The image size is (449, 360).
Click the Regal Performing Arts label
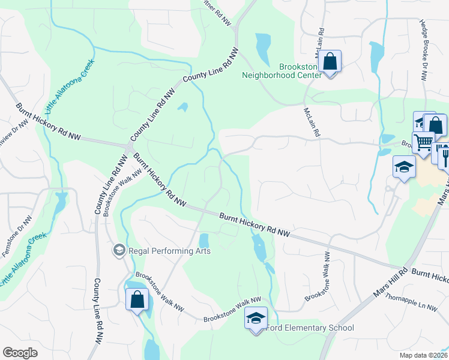[169, 251]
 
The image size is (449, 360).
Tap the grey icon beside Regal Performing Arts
[119, 250]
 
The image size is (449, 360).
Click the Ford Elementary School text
[310, 328]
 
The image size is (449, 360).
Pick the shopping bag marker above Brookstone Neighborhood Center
[330, 61]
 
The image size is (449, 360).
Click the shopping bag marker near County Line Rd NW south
[137, 299]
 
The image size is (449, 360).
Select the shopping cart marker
[424, 143]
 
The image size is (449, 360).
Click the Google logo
[20, 353]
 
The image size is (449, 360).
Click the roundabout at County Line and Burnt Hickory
[129, 146]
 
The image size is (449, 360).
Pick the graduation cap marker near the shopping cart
[404, 166]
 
